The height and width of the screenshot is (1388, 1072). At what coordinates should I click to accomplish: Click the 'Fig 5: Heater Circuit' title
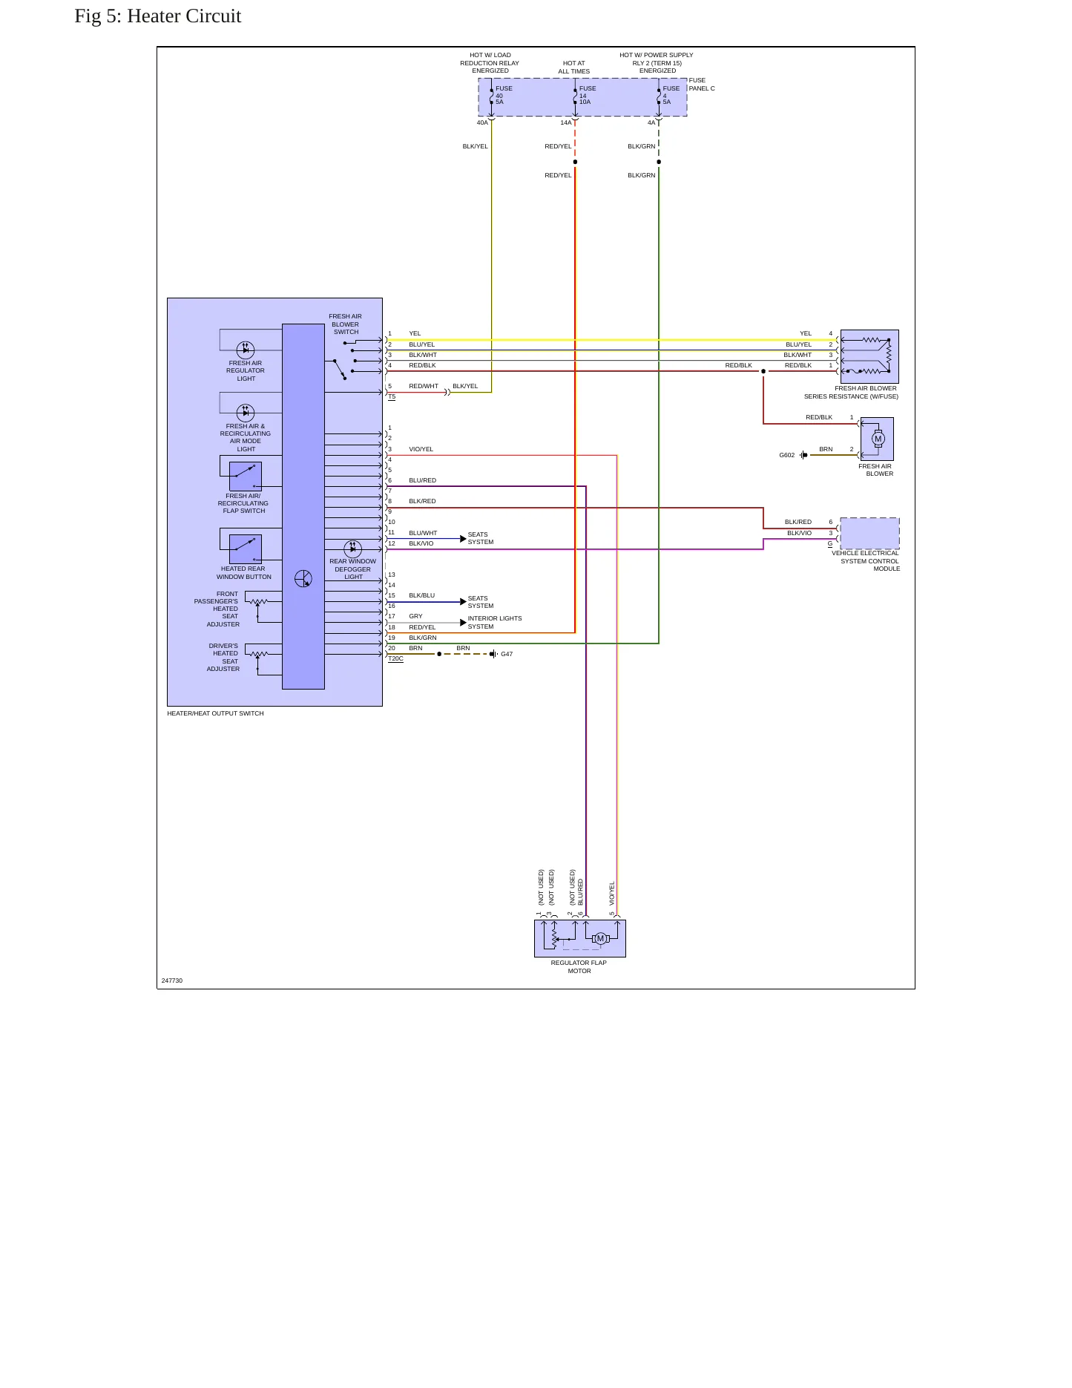[x=158, y=16]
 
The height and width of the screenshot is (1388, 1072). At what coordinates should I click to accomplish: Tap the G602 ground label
[x=786, y=455]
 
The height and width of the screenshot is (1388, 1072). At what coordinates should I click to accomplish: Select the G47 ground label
[x=507, y=654]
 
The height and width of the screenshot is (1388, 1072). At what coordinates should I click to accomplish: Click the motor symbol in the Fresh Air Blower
[x=878, y=439]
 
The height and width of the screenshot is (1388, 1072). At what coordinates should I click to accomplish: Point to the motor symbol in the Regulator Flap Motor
[x=601, y=938]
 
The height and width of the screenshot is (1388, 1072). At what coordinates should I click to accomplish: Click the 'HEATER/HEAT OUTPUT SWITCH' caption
[x=215, y=713]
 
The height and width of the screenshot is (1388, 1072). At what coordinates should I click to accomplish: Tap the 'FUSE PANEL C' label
[x=702, y=84]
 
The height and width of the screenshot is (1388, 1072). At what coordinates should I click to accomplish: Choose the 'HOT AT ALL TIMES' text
[x=574, y=68]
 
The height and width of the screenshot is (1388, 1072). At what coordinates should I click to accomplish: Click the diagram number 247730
[x=172, y=981]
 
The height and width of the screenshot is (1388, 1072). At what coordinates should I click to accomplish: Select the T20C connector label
[x=395, y=658]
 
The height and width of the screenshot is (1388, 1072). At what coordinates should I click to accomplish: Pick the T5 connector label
[x=392, y=396]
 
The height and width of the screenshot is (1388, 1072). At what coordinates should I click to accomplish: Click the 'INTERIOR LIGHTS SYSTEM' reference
[x=495, y=622]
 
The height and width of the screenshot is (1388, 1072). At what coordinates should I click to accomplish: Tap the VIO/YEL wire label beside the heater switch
[x=421, y=449]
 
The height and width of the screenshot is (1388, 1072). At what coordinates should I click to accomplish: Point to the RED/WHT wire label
[x=424, y=386]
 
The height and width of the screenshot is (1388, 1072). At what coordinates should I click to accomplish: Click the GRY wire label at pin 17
[x=415, y=616]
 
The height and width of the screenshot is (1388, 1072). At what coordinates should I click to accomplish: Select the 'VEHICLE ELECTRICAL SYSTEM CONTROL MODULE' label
[x=866, y=560]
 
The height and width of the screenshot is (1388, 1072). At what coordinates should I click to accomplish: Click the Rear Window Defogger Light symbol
[x=353, y=549]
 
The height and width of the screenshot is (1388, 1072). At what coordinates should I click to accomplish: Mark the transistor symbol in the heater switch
[x=303, y=579]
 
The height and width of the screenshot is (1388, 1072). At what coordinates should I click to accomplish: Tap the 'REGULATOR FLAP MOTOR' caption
[x=579, y=966]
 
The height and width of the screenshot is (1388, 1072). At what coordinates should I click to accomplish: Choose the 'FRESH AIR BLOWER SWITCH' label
[x=346, y=324]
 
